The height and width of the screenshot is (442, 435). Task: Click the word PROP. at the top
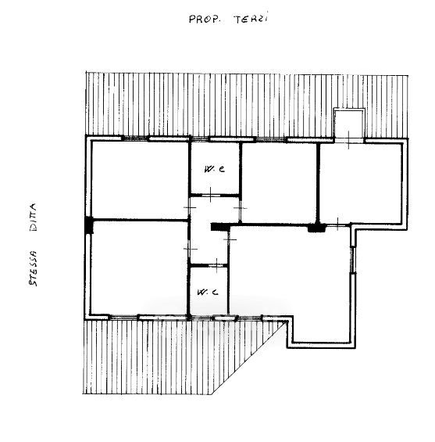click(205, 20)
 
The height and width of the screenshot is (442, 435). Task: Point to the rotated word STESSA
click(33, 268)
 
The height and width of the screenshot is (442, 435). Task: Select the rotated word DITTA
click(34, 217)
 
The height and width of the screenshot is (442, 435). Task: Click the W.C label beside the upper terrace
click(215, 169)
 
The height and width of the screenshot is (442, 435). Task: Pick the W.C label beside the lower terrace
click(208, 292)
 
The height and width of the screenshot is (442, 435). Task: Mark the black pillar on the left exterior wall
click(89, 225)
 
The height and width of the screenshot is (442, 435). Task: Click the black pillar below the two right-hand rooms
click(316, 228)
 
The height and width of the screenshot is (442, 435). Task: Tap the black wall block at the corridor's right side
click(220, 227)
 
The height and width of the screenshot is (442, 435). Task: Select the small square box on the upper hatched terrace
click(349, 124)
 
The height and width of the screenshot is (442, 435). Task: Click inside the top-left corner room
click(140, 180)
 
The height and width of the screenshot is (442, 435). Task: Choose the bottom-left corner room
click(139, 268)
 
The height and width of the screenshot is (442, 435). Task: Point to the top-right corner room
click(361, 183)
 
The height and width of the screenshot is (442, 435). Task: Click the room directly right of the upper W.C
click(279, 183)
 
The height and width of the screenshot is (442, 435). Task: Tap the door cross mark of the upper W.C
click(211, 195)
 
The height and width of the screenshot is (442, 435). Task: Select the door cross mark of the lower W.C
click(216, 265)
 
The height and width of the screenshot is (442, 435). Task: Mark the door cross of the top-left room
click(190, 207)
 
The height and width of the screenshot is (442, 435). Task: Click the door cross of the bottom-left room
click(190, 249)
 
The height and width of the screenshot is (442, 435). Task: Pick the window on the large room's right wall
click(353, 260)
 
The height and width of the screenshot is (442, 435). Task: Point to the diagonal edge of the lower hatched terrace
click(248, 358)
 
